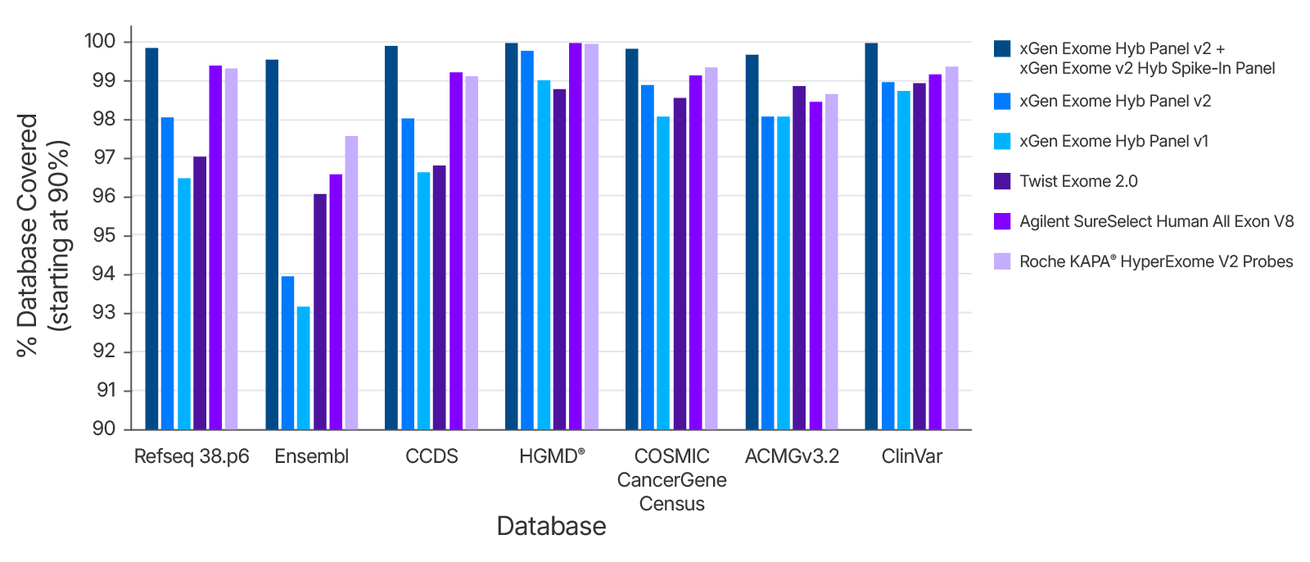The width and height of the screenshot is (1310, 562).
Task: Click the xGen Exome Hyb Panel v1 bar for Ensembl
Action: click(303, 368)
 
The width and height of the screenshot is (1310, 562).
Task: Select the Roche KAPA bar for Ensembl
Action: click(351, 283)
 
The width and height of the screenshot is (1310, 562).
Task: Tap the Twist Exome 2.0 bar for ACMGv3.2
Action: click(799, 257)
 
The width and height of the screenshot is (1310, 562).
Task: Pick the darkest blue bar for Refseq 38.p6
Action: click(151, 238)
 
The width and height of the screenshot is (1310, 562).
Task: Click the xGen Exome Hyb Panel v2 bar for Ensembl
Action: click(287, 353)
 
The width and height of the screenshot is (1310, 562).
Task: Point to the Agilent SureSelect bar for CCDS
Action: click(456, 251)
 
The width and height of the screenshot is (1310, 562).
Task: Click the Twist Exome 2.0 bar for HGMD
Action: click(559, 259)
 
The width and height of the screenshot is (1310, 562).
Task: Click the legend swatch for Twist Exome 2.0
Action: click(1002, 181)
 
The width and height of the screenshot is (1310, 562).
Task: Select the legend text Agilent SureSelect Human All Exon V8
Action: click(1156, 221)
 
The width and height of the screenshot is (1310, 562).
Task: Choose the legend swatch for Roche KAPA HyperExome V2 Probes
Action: click(1002, 261)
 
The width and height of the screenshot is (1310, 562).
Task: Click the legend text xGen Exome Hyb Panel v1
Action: click(1113, 141)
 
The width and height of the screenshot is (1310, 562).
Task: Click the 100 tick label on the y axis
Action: click(100, 42)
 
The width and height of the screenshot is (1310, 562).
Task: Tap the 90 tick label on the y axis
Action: click(104, 428)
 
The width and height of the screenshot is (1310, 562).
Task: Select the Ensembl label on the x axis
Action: click(311, 456)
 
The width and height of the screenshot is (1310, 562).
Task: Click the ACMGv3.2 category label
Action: click(792, 456)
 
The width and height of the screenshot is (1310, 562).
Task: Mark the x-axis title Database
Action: click(551, 526)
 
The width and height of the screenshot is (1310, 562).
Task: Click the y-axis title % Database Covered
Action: click(28, 235)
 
